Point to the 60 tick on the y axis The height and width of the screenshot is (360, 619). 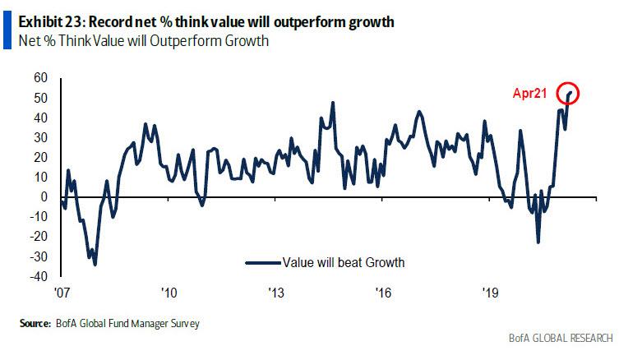pos(41,78)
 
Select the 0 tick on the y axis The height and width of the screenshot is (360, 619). pos(44,197)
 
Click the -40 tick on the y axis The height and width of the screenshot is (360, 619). pos(39,277)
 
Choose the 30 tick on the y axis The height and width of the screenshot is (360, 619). pos(41,138)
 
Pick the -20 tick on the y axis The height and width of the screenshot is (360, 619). pos(39,238)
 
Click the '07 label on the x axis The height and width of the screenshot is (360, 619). pos(61,293)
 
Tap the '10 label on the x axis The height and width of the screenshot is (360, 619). pos(169,293)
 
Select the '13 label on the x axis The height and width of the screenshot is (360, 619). pos(276,293)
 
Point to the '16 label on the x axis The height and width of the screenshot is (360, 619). pos(383,293)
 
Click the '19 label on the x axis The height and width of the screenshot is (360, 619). pos(491,293)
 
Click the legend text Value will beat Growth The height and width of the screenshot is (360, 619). pos(344,263)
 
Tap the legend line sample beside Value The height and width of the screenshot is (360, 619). pos(261,263)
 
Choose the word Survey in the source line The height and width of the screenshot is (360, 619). pos(184,325)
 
